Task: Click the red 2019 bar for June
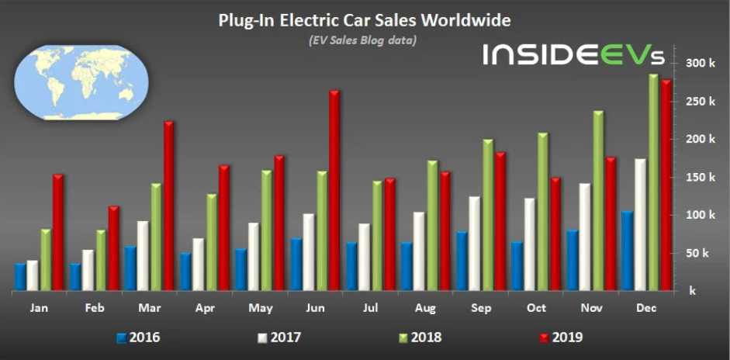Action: [x=334, y=191]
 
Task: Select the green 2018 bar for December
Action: [x=653, y=183]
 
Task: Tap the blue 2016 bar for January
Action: [x=19, y=277]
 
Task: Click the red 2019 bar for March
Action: [x=169, y=206]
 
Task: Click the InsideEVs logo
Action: [x=573, y=54]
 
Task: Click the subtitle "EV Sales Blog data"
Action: [x=364, y=40]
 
